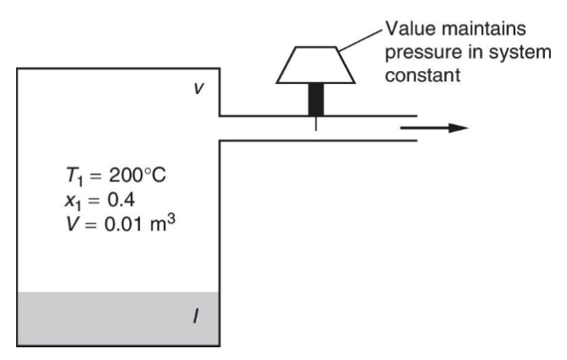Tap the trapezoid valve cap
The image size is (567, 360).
316,65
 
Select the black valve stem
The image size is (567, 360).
316,100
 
